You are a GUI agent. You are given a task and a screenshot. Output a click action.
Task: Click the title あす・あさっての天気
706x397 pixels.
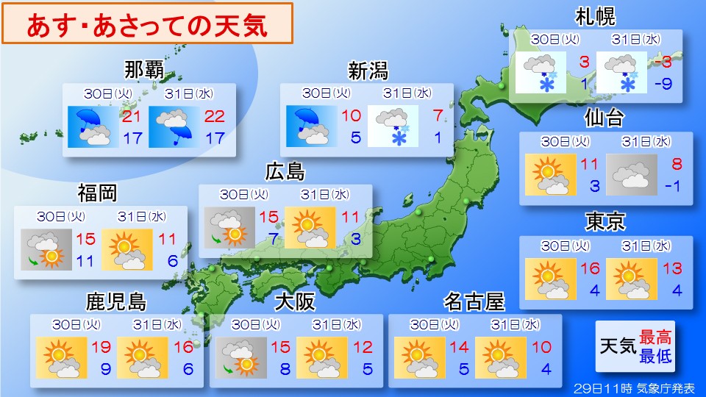pos(147,24)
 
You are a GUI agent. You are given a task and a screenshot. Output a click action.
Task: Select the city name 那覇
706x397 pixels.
pos(145,71)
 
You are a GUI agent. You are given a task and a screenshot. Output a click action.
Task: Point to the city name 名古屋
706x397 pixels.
pos(474,302)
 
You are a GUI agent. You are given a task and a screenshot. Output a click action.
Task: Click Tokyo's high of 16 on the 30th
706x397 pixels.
pos(591,269)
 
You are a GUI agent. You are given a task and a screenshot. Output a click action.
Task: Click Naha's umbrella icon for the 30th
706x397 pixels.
pos(89,126)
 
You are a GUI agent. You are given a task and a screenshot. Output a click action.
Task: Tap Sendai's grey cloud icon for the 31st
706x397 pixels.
pos(631,175)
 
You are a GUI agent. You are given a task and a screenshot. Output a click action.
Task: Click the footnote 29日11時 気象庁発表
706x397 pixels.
pos(634,387)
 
